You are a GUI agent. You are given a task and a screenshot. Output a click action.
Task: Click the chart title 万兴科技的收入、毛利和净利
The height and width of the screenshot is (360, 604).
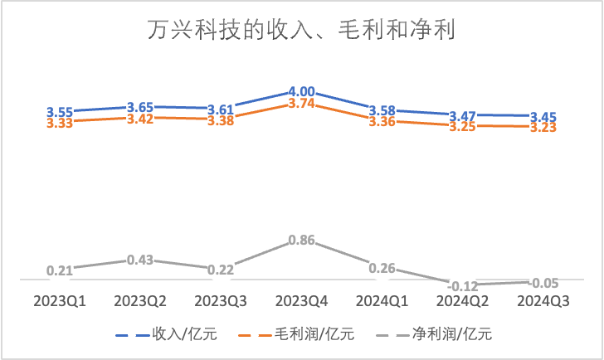coord(301,31)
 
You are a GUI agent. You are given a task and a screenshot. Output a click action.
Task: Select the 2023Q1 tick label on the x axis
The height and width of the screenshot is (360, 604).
coord(60,299)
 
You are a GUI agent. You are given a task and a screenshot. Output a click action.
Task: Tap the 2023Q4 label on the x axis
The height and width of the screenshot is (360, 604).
coord(302,299)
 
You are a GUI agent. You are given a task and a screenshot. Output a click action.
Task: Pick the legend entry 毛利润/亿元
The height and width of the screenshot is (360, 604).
coord(309,334)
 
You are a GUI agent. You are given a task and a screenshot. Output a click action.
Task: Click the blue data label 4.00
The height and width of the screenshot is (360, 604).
coord(302,91)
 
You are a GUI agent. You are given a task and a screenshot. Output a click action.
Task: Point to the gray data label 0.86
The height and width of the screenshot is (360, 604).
coord(302,241)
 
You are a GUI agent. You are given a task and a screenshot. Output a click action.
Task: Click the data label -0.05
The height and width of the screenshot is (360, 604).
coord(543,282)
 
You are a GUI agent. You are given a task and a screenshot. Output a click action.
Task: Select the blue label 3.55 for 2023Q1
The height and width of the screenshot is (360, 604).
coord(60,110)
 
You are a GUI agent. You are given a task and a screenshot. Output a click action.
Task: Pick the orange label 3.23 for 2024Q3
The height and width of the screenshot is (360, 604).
coord(543,128)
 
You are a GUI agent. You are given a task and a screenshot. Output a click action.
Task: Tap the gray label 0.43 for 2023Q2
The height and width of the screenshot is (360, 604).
coord(140,260)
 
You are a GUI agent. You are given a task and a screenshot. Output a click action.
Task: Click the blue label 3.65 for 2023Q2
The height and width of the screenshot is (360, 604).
coord(140,107)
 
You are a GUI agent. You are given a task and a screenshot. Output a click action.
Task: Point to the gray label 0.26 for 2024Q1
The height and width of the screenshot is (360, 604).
coord(382,268)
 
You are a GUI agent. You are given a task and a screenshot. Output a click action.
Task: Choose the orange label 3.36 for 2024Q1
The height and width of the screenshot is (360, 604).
coord(382,121)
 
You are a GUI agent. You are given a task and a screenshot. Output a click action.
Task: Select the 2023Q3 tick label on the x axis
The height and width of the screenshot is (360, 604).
coord(222,299)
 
